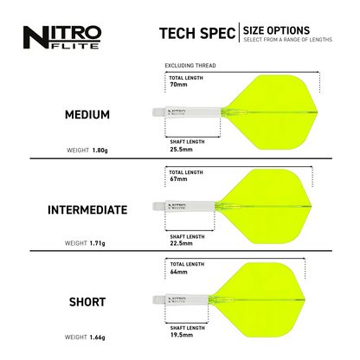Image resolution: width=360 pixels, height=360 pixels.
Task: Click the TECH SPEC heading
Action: point(196,33)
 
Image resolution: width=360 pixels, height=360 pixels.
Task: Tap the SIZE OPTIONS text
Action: point(276,30)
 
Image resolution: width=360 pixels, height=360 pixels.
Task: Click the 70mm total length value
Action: point(179,86)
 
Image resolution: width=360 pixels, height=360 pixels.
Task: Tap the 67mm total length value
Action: point(178,180)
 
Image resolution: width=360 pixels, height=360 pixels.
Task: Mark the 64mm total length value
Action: point(178,272)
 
